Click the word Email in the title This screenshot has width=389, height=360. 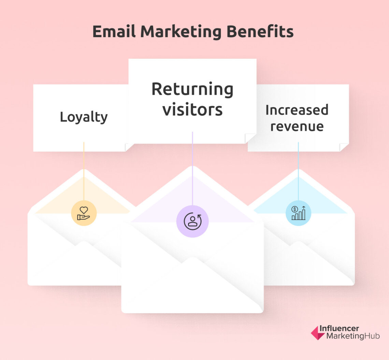114,32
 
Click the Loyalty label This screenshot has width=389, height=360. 84,117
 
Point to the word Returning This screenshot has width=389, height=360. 192,89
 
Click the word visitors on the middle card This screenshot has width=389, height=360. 192,110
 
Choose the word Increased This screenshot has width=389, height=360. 297,110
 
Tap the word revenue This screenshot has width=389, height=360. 297,126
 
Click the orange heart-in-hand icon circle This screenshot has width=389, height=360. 84,213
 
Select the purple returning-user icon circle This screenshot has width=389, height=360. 192,221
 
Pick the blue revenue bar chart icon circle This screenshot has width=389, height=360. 298,213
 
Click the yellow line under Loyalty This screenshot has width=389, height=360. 84,171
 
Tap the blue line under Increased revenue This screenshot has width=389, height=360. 298,171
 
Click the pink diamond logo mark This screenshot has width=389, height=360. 317,332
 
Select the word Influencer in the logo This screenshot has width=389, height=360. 339,328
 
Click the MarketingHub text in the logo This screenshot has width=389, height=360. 353,336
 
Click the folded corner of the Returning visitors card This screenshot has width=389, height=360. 250,138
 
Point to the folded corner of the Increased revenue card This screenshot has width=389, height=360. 344,147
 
